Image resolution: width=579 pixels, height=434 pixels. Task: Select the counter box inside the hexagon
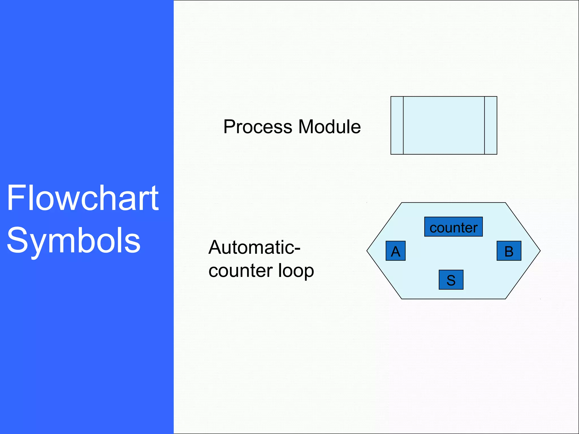(453, 227)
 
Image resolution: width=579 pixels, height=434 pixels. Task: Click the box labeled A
(396, 251)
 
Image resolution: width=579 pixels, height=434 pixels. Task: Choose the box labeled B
(509, 251)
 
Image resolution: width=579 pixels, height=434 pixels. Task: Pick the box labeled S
(451, 280)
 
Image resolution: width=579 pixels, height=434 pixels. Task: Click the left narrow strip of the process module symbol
(397, 125)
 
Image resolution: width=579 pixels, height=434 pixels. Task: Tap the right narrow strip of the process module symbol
(491, 125)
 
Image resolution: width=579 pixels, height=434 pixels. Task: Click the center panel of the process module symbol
(444, 125)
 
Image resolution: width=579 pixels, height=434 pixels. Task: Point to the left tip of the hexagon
(368, 251)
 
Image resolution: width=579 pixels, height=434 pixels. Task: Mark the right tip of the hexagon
(540, 251)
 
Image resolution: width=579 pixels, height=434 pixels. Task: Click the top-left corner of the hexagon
(402, 203)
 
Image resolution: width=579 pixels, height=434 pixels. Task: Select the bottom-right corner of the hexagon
(505, 299)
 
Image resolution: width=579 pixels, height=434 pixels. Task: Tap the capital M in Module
(306, 127)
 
